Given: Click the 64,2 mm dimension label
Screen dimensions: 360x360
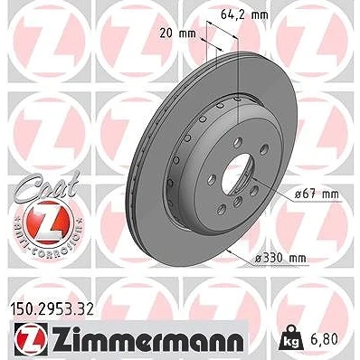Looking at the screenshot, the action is tap(244, 14).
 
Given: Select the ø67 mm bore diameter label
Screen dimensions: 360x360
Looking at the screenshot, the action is tap(317, 194).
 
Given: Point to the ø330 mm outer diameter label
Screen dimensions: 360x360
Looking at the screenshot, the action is tap(280, 258).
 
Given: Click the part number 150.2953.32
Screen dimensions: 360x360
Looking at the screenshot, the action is tap(52, 309).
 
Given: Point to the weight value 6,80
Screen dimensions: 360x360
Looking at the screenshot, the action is tap(325, 339).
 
